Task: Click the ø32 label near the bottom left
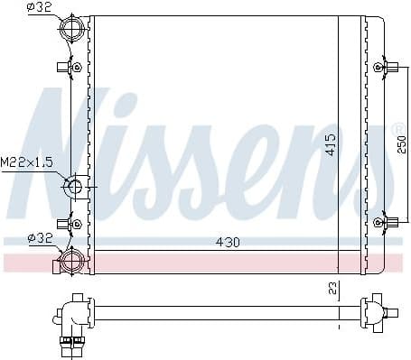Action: point(40,239)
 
